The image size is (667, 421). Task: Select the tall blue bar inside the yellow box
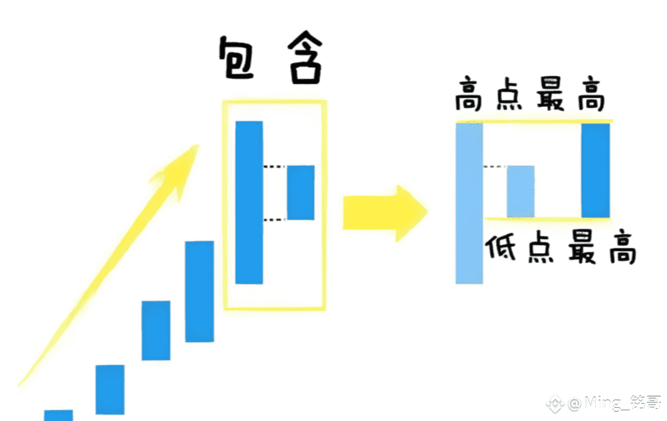tap(249, 202)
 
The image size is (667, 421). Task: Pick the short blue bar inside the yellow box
tap(300, 193)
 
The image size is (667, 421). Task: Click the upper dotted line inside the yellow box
tap(275, 167)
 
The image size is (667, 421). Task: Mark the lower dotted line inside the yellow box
tap(275, 219)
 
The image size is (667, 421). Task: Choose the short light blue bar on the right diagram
tap(520, 191)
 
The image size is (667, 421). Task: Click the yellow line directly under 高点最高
tap(532, 122)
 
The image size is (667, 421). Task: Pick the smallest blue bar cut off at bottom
tap(59, 415)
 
